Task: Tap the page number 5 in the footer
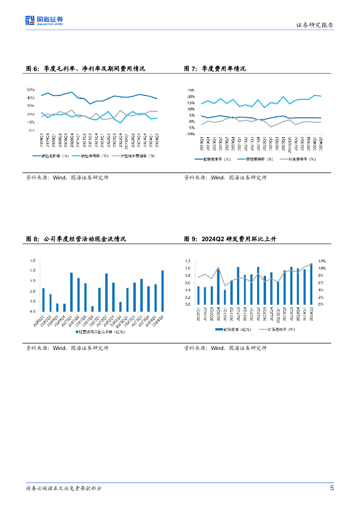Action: pos(332,488)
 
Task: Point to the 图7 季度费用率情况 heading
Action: pos(215,69)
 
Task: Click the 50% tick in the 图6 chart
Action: pos(30,89)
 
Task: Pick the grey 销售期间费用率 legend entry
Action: pos(137,156)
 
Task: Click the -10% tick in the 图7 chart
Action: pos(190,134)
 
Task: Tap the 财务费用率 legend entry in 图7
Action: pos(301,159)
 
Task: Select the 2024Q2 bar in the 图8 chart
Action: pos(162,291)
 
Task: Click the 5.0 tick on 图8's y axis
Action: pos(33,260)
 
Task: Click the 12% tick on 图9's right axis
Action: pos(322,260)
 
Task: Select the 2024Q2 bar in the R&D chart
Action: pos(311,283)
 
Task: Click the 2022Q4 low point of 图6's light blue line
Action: pos(120,122)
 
